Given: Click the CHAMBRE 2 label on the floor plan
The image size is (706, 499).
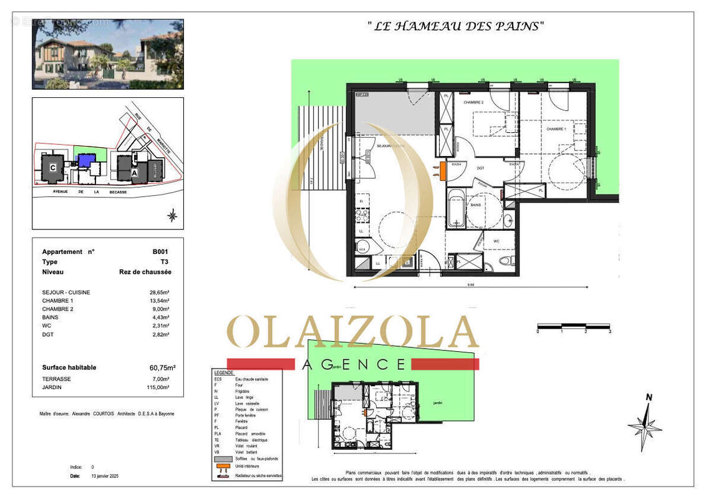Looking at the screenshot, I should point(473,102).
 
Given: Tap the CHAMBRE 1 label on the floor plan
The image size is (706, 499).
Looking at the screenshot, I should point(556,129).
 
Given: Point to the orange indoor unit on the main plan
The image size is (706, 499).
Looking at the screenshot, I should point(443,171).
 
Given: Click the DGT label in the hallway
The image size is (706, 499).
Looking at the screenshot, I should point(480,168).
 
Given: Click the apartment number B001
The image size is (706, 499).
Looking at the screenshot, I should point(160,252).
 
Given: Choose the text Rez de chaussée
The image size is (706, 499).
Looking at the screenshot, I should point(145,272).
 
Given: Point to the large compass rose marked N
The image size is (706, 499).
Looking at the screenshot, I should point(645,426).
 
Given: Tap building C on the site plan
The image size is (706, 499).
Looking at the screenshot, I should point(53,168).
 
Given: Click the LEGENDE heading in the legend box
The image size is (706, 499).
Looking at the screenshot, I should point(223,372).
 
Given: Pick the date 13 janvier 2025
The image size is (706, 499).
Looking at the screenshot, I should point(104,476).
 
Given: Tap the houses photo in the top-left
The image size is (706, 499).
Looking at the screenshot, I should point(108,54).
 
